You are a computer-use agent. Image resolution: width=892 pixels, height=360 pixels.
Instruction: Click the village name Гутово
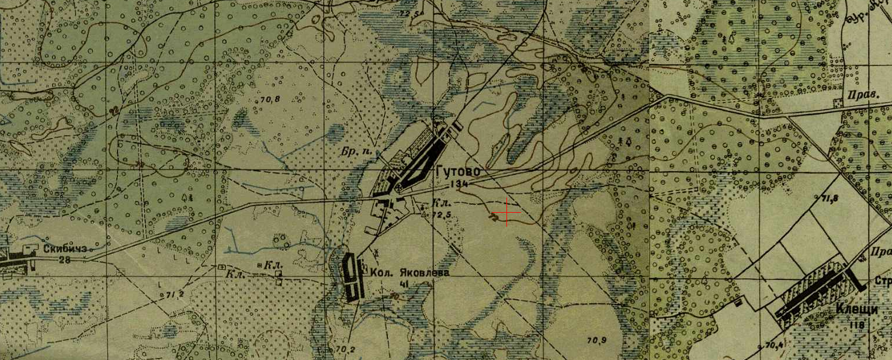point(457,172)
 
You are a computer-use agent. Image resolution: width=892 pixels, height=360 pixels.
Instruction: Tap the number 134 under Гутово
point(459,184)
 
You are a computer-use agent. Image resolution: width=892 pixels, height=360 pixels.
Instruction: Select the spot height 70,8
point(270,99)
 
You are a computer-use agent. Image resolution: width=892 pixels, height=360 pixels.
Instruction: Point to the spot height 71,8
point(829,199)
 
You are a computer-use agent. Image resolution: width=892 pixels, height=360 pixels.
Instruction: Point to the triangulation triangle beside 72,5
point(425,213)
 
